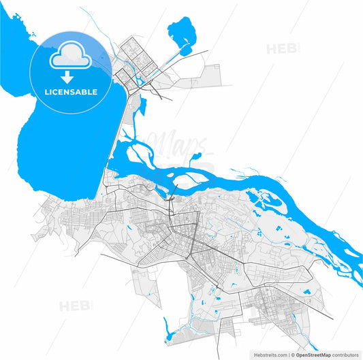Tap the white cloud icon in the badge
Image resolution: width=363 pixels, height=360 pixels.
pos(72,56)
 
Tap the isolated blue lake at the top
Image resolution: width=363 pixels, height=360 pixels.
pos(180,32)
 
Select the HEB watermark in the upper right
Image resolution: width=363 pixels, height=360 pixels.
pos(281,49)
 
